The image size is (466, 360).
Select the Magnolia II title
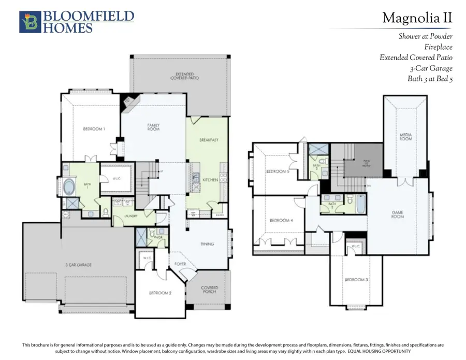pos(417,18)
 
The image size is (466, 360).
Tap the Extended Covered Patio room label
pos(185,77)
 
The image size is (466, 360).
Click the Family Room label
pos(153,126)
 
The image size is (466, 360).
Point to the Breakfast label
pos(209,140)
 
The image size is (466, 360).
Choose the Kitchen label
pos(210,179)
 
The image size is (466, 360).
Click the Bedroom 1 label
pos(94,129)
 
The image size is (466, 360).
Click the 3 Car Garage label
pos(79,265)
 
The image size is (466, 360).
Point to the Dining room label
pos(207,244)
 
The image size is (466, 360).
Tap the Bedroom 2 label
pos(160,293)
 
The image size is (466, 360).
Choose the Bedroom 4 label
pos(281,220)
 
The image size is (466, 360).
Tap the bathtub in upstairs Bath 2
pos(360,204)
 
